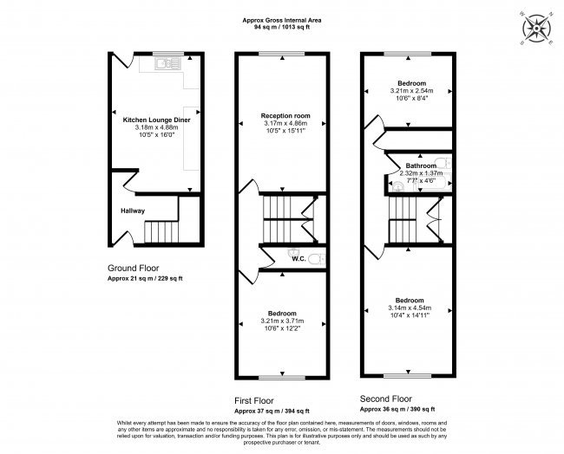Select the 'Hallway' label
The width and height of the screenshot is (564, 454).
click(x=132, y=211)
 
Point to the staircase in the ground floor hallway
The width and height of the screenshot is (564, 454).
click(x=160, y=230)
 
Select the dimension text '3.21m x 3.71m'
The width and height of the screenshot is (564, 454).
click(x=282, y=321)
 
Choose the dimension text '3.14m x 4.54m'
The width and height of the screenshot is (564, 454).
click(x=409, y=308)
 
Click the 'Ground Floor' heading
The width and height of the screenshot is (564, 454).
click(x=133, y=269)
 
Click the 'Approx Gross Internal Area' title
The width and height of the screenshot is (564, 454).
click(x=281, y=20)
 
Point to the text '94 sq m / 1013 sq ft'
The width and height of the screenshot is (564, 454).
click(x=281, y=28)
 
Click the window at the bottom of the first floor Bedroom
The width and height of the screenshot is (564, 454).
click(x=282, y=377)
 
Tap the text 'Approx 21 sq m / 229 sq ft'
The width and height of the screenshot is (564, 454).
click(x=145, y=278)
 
